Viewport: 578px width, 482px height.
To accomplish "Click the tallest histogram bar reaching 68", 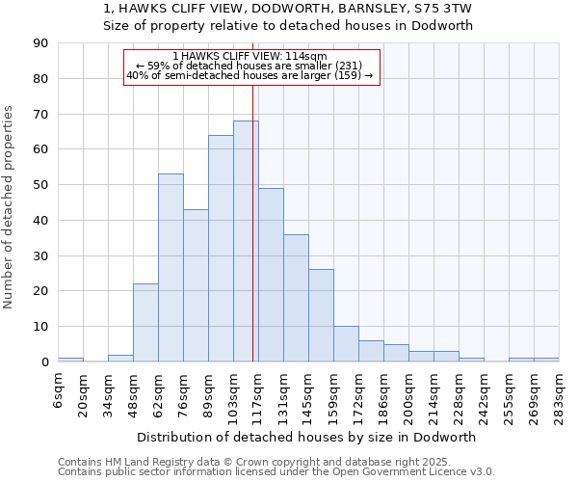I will coord(246,241).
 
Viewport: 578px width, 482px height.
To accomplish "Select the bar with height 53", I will coord(171,268).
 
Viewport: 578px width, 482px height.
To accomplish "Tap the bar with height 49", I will coord(271,275).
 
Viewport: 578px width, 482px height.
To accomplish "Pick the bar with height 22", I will coord(145,323).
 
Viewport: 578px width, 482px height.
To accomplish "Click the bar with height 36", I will coord(296,298).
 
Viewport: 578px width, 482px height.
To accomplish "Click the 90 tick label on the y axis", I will coord(40,43).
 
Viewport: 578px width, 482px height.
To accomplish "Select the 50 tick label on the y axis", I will coord(40,185).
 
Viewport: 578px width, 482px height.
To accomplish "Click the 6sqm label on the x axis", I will coord(58,390).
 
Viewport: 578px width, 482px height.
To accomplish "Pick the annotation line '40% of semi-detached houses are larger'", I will coord(250,75).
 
